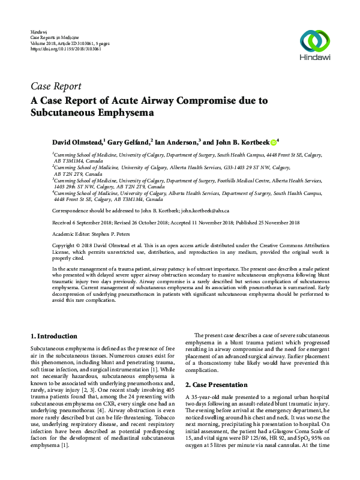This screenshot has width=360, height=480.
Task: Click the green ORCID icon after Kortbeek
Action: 273,143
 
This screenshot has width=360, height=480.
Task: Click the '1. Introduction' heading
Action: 53,337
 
